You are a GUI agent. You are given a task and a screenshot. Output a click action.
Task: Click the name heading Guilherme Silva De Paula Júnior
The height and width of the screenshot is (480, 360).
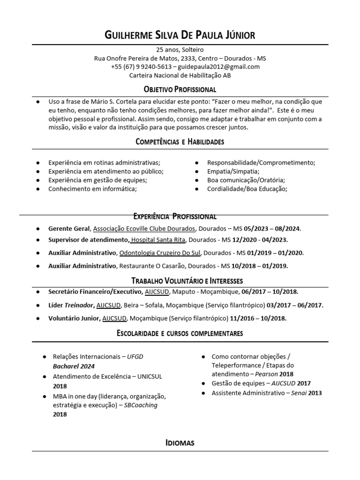pos(180,35)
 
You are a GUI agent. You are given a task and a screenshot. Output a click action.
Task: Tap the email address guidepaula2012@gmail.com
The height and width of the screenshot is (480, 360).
pos(219,67)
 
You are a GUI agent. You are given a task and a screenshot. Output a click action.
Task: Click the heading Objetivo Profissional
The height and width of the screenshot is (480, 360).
pos(180,89)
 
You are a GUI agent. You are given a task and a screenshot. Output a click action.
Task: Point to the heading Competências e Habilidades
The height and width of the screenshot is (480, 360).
pos(180,141)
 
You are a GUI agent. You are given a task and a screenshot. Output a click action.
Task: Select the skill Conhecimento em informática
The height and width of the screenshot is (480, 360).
pos(92,189)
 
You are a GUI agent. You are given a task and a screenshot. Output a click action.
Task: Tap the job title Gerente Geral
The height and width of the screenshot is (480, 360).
pos(68,229)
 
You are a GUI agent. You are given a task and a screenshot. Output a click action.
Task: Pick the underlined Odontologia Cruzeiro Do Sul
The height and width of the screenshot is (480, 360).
pos(160,253)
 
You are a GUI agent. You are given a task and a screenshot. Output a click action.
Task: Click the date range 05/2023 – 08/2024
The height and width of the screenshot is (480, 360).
pos(272,229)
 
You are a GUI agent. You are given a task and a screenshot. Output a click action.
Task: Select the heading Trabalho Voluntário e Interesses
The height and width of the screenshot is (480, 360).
pos(180,281)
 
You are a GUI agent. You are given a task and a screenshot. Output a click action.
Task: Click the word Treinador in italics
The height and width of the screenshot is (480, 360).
pos(79,305)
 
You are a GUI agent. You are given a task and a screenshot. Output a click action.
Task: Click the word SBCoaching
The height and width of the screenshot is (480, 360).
pos(141,405)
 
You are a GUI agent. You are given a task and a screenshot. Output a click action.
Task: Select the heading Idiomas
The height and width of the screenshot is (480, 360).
pos(180,442)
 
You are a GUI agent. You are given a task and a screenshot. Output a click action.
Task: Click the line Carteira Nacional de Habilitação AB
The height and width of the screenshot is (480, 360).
pos(180,75)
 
